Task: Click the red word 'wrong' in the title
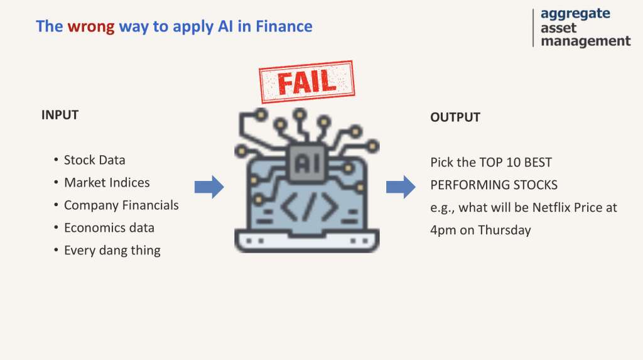coord(91,26)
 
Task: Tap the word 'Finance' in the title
coord(284,26)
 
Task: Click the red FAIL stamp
coord(306,82)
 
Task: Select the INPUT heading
coord(60,115)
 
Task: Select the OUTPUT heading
coord(455,117)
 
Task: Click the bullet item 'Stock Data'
coord(94,160)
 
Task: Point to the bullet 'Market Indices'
coord(107,183)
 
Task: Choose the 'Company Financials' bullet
coord(121,205)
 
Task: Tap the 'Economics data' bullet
coord(109,228)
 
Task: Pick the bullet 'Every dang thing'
coord(112,251)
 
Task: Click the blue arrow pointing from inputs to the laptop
coord(209,187)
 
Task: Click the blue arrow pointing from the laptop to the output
coord(401,187)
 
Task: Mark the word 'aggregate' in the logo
coord(575,14)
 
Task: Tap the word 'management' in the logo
coord(586,41)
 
